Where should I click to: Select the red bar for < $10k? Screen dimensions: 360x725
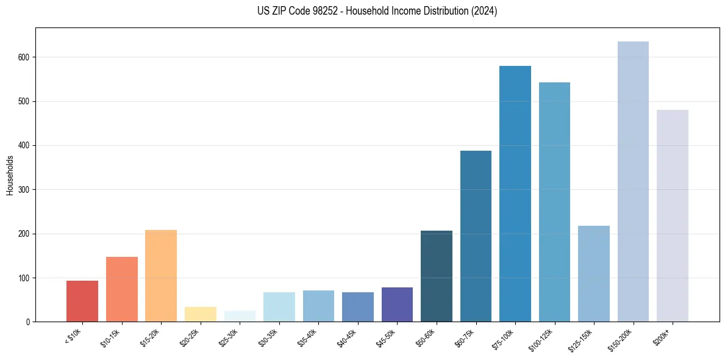[x=82, y=301]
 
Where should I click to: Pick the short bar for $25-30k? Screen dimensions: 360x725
[x=240, y=316]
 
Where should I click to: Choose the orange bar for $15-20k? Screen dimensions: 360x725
[x=161, y=276]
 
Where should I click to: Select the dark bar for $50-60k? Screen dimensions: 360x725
[x=437, y=276]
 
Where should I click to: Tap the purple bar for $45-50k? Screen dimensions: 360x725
[x=397, y=304]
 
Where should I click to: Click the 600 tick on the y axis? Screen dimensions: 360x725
[x=24, y=57]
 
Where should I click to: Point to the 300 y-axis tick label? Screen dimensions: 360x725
[x=24, y=190]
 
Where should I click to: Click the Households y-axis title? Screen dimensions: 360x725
[x=10, y=175]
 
